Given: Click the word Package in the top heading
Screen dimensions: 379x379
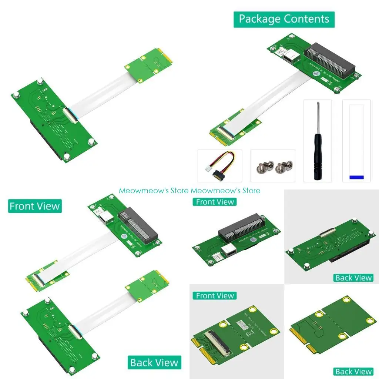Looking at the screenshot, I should (259, 19).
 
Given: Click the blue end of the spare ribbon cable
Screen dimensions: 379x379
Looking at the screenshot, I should (356, 177).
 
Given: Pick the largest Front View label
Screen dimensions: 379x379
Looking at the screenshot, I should (35, 206).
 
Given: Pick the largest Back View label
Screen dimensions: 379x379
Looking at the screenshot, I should (154, 363).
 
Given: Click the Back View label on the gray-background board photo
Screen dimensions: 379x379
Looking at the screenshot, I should (353, 278).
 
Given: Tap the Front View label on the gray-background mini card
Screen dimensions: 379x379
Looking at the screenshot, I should (215, 296).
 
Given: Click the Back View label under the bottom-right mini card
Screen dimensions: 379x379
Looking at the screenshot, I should (353, 371).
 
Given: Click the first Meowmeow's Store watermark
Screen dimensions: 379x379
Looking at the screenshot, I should (154, 191).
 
